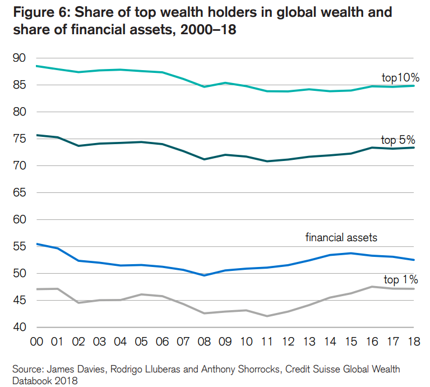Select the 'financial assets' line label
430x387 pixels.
pos(341,237)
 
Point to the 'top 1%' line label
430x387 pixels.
pos(400,279)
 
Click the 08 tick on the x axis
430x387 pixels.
pos(204,342)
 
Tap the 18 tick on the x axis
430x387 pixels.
pos(414,342)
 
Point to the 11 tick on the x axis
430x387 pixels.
pos(267,342)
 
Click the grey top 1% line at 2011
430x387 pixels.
pos(267,316)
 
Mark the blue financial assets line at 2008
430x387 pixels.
pos(204,275)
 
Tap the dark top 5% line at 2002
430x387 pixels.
pos(78,146)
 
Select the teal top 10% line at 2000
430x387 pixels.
pos(36,66)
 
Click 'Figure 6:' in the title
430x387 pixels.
pos(41,12)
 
